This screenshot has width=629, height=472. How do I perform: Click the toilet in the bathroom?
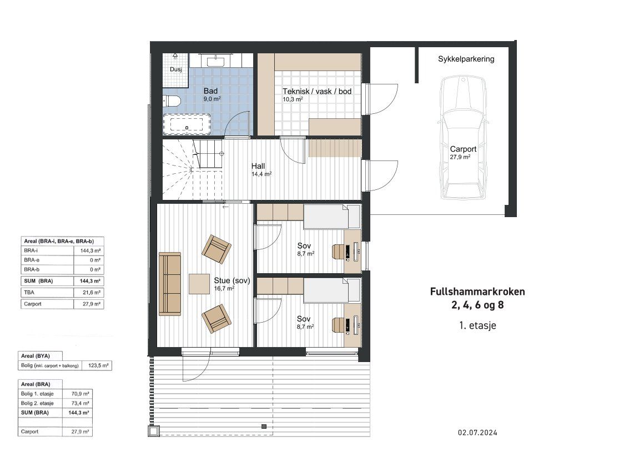point(171,101)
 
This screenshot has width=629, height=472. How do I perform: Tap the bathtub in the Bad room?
point(187,124)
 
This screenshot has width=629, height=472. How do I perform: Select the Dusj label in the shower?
point(175,69)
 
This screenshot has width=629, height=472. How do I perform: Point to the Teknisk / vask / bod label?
point(317,91)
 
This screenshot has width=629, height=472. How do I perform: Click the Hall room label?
point(258,166)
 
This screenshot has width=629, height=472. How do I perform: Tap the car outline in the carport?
point(464,138)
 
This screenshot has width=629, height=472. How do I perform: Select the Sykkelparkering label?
point(466,59)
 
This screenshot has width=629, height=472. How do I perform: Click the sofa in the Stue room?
point(170,284)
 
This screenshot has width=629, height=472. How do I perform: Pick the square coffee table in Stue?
point(199,284)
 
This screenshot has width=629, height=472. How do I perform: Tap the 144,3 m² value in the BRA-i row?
point(90,250)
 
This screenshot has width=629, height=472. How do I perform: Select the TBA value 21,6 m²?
point(92,293)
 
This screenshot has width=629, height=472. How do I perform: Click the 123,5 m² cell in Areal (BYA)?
point(98,365)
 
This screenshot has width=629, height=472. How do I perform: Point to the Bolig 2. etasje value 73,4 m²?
point(80,403)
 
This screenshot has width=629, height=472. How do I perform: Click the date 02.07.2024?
point(478,433)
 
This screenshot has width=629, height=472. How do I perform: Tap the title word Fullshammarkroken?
point(477,292)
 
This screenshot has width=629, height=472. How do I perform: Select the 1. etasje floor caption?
point(478,325)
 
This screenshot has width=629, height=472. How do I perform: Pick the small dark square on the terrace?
point(264,426)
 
